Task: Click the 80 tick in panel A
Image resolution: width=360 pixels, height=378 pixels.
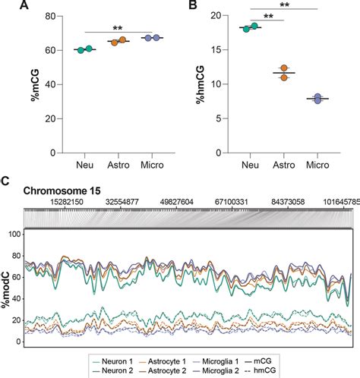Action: (57, 16)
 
